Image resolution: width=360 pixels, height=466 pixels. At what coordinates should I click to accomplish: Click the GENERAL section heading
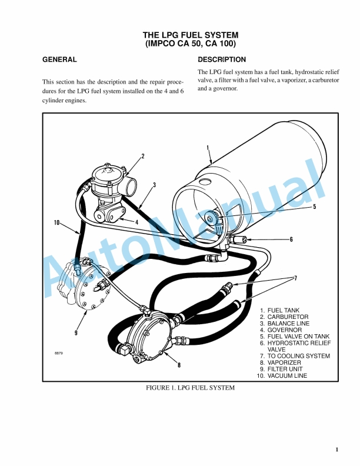tap(59, 60)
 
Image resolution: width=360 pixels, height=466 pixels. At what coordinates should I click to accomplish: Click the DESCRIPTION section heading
tap(222, 60)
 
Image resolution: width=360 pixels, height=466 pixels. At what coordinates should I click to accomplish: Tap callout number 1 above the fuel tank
tap(208, 148)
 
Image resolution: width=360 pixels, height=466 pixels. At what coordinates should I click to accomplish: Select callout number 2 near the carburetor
tap(142, 157)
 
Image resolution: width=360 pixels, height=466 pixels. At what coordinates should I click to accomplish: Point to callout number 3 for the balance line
tap(154, 185)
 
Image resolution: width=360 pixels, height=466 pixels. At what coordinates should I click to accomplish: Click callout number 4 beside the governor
tap(136, 222)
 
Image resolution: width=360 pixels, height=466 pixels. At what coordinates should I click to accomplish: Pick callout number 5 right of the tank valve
tap(315, 207)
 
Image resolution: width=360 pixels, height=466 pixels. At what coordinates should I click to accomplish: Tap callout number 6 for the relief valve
tap(291, 239)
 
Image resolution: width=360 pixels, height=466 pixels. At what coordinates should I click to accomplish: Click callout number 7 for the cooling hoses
tap(296, 278)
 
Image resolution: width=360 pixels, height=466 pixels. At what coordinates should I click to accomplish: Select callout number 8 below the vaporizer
tap(179, 365)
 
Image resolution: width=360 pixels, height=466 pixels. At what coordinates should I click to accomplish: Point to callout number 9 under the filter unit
tap(76, 333)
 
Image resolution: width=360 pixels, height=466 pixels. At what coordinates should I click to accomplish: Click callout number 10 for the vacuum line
tap(57, 222)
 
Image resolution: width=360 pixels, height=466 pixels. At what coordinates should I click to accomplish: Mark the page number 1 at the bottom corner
tap(337, 450)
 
